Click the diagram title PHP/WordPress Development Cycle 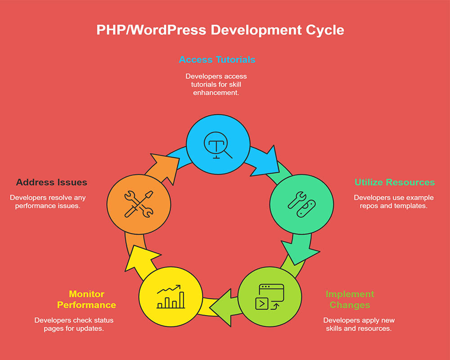[220, 30]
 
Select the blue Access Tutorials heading [217, 59]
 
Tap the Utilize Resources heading [395, 182]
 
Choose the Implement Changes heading [350, 299]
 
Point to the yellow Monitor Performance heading [86, 299]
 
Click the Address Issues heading [52, 182]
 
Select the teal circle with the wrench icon [301, 203]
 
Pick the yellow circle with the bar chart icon [170, 297]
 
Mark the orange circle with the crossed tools [139, 203]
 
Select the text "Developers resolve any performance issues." [48, 202]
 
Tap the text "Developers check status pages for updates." [74, 324]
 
